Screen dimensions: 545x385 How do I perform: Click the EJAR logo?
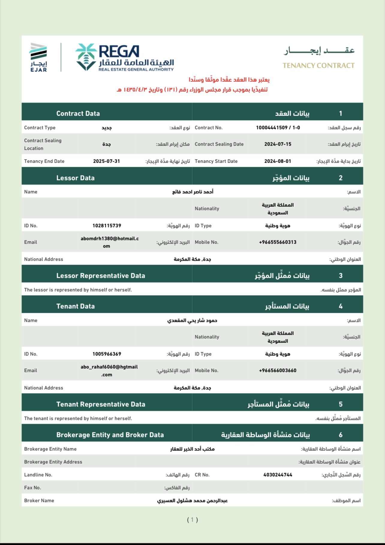[38, 57]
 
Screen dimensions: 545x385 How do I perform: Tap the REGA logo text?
[119, 51]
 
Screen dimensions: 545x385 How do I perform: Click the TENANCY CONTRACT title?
[318, 65]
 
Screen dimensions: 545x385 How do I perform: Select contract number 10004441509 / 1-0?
[278, 128]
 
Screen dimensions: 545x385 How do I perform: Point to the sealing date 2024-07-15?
[278, 144]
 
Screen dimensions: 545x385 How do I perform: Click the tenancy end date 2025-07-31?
[106, 161]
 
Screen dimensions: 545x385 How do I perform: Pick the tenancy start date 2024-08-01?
[278, 161]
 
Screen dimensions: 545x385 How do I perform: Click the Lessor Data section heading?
[75, 178]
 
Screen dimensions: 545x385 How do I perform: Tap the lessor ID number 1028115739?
[107, 226]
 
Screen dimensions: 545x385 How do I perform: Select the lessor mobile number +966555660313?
[278, 242]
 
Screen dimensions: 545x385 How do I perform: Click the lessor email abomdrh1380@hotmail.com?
[109, 242]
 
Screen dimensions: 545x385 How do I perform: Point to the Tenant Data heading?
[75, 306]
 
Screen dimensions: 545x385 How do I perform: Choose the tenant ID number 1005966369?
[107, 354]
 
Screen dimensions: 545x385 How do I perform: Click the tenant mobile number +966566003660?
[278, 371]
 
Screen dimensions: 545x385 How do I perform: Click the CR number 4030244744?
[278, 475]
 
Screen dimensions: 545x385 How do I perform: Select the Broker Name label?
[39, 501]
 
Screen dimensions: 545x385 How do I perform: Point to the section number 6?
[341, 435]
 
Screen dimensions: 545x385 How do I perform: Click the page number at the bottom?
[192, 520]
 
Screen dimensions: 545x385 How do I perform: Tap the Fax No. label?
[32, 488]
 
